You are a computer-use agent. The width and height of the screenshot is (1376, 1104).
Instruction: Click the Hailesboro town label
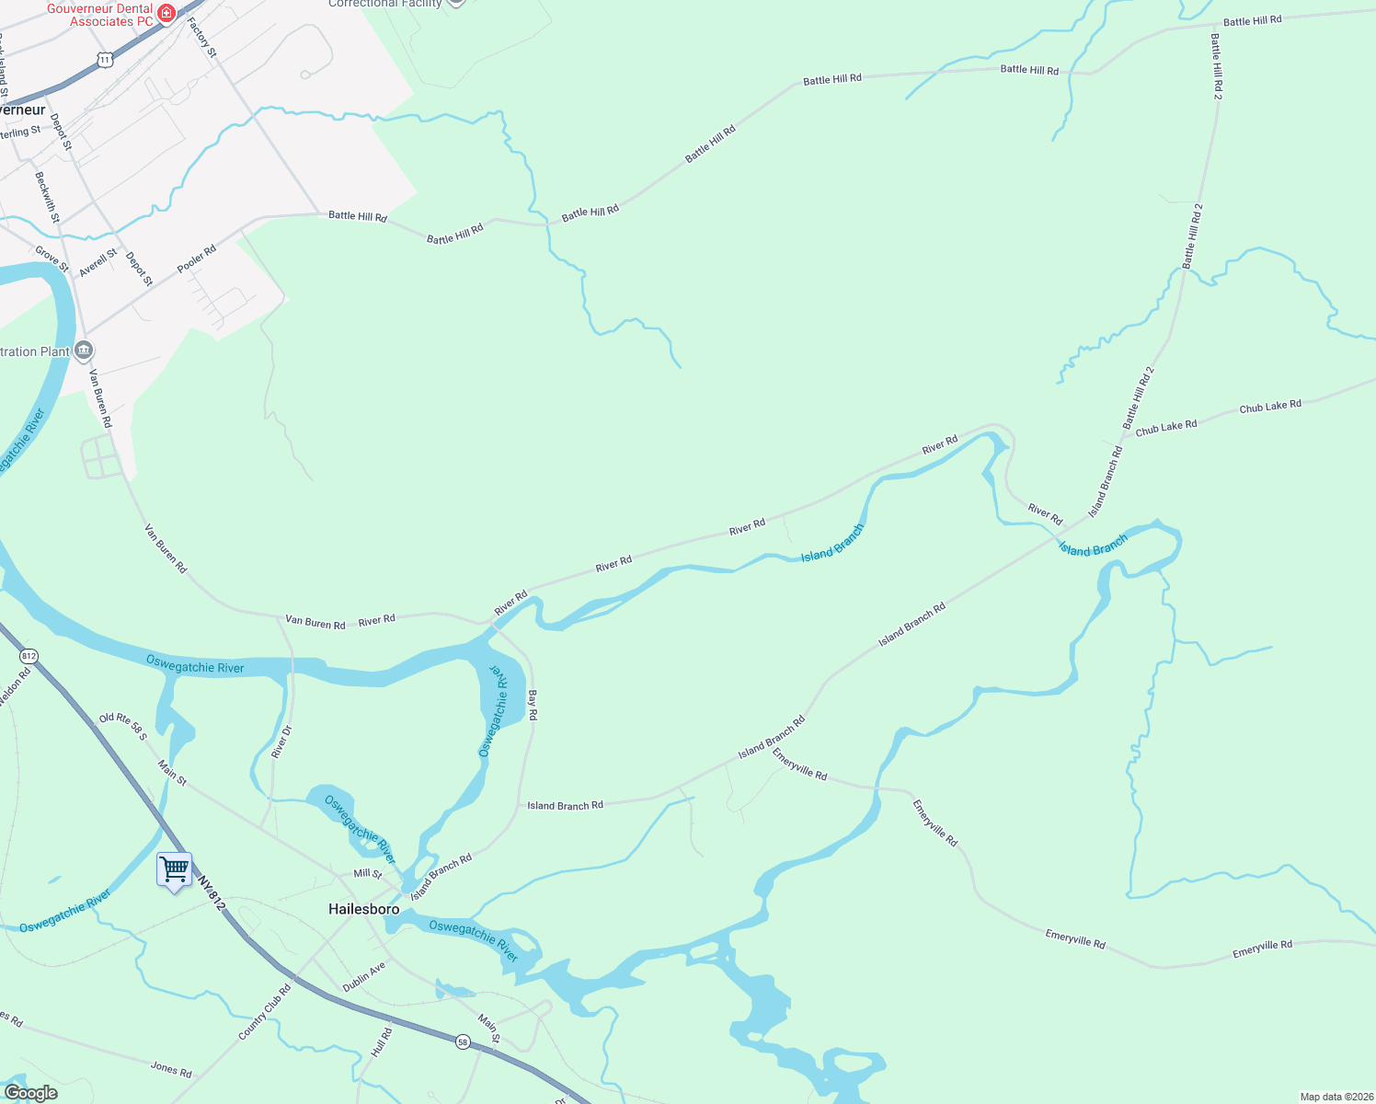pos(364,909)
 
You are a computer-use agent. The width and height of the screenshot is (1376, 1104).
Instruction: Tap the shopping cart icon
pos(174,869)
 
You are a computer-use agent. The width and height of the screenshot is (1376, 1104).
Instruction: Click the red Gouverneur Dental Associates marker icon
pos(166,13)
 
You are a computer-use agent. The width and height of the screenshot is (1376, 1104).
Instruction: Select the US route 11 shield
pos(105,60)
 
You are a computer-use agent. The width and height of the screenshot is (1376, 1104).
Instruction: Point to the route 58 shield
pos(463,1041)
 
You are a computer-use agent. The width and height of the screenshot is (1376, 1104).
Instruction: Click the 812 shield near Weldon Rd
pos(29,656)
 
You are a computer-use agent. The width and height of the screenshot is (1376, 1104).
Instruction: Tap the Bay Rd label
pos(533,705)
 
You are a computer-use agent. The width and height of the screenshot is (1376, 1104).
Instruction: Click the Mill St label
pos(368,873)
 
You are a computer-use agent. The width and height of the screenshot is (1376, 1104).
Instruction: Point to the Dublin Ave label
pos(364,977)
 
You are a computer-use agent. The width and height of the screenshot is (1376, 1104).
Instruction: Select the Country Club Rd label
pos(265,1012)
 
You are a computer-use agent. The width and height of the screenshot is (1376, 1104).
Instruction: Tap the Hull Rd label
pos(382,1042)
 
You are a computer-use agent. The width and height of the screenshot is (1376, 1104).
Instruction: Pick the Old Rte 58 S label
pos(123,726)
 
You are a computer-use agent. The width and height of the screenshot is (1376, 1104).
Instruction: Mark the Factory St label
pos(202,38)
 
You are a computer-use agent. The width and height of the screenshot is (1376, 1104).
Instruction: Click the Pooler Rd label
pos(197,259)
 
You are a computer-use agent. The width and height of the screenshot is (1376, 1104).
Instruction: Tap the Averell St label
pos(98,263)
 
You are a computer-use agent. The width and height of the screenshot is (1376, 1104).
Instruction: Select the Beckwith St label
pos(47,197)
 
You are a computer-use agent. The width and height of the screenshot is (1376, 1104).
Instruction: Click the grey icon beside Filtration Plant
pos(84,351)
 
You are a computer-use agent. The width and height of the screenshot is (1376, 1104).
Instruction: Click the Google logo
pos(30,1093)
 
